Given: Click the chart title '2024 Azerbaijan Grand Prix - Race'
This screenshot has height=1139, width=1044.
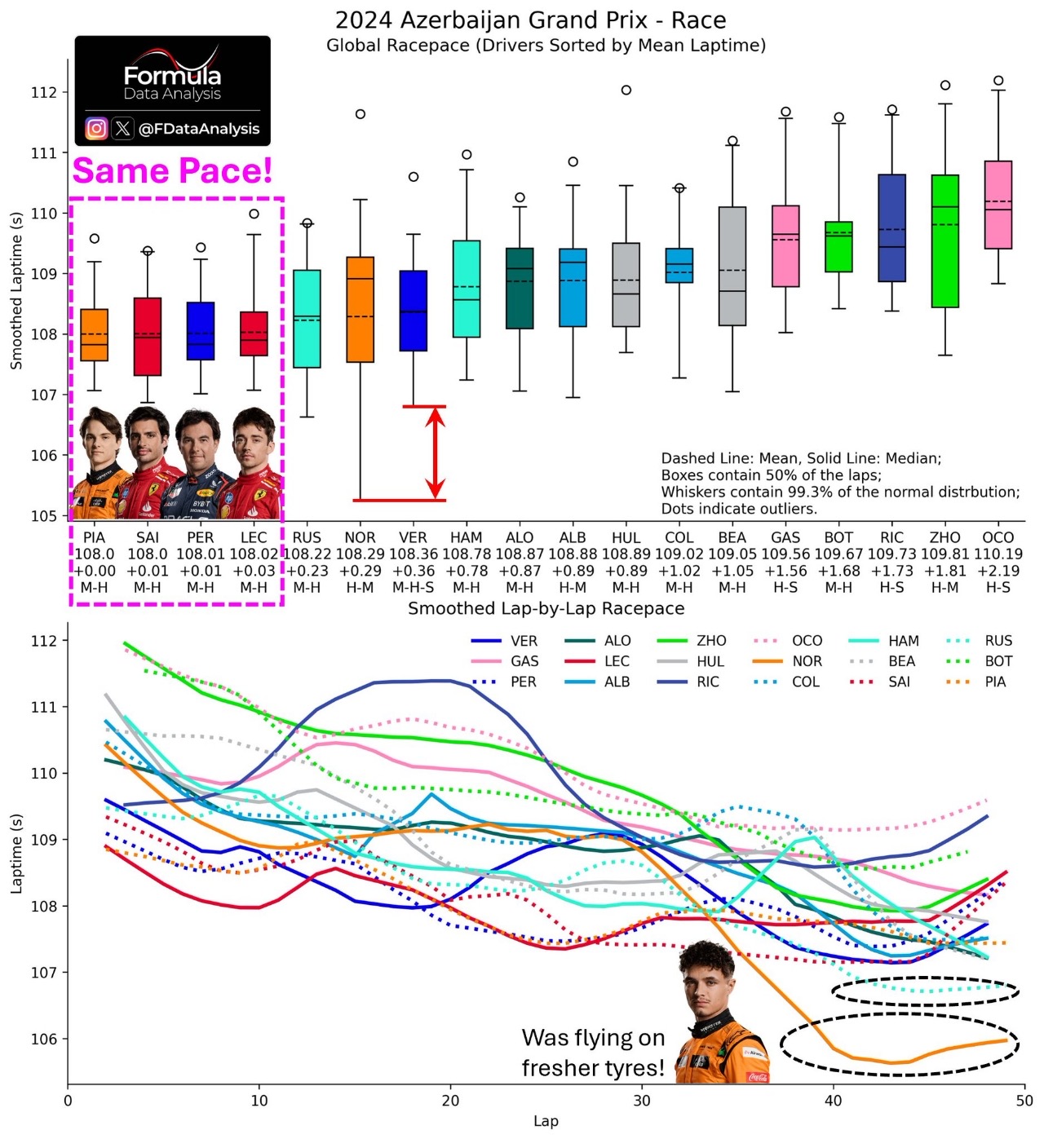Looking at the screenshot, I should click(x=530, y=20).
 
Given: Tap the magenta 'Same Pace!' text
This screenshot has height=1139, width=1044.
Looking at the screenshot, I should click(x=172, y=171).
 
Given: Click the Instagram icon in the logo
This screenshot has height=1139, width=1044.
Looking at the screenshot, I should click(x=96, y=128).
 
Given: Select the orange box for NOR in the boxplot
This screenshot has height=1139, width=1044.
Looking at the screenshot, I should click(x=360, y=310).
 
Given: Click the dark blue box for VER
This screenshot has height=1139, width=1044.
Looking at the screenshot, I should click(x=413, y=311).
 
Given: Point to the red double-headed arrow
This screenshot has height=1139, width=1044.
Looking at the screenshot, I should click(x=436, y=453).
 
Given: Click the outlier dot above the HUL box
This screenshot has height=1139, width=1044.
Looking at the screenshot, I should click(x=626, y=90).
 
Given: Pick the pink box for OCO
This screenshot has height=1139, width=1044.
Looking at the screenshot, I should click(x=998, y=205).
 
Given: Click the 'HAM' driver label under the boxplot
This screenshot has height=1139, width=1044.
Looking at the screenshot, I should click(x=467, y=537).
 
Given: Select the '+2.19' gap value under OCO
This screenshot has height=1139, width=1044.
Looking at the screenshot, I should click(x=998, y=571).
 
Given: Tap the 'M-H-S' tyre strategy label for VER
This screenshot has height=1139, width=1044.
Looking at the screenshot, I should click(x=413, y=587).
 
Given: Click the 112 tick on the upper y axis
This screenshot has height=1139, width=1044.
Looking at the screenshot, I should click(x=45, y=92).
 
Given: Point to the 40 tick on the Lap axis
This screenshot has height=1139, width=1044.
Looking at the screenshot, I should click(x=834, y=1100).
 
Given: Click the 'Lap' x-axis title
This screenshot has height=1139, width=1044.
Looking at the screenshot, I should click(x=546, y=1121).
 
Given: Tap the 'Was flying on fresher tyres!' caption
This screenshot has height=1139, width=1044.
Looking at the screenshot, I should click(x=594, y=1053).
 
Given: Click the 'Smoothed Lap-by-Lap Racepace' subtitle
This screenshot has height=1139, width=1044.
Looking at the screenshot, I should click(x=546, y=608).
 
